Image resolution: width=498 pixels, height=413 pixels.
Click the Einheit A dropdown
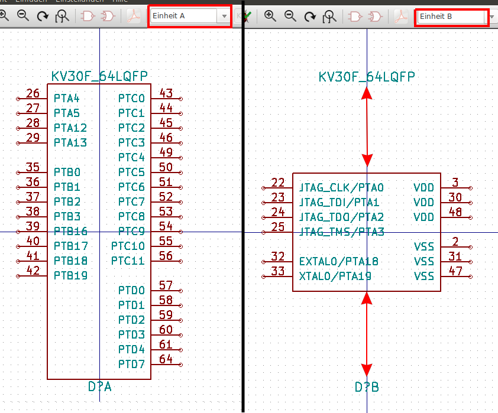coord(190,16)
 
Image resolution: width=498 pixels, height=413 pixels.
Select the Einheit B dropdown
coord(452,17)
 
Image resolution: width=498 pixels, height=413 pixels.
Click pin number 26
coord(33,93)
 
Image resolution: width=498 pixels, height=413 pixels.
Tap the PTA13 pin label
coord(70,142)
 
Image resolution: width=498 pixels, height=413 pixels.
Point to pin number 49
coord(166,152)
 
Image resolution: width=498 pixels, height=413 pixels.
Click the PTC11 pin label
coord(128,261)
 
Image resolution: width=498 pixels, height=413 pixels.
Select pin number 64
coord(166,359)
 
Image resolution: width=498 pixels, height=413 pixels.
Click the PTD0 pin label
coord(131,290)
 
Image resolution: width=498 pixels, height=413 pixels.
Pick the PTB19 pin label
coord(70,275)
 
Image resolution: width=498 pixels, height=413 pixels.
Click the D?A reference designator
coord(100,387)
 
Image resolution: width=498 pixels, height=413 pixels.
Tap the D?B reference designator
coord(367,387)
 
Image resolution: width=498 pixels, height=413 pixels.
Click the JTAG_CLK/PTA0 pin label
coord(342,188)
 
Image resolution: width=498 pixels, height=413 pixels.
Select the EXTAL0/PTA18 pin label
coord(339,261)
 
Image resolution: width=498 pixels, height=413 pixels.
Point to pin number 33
coord(277,271)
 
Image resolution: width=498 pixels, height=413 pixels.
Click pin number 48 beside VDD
coord(455,212)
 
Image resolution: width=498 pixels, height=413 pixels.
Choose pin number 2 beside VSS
coord(455,241)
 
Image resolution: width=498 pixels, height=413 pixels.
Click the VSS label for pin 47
coord(423,276)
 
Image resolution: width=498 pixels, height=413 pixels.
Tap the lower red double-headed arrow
coord(367,334)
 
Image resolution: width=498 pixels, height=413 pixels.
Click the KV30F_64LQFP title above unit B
coord(367,77)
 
